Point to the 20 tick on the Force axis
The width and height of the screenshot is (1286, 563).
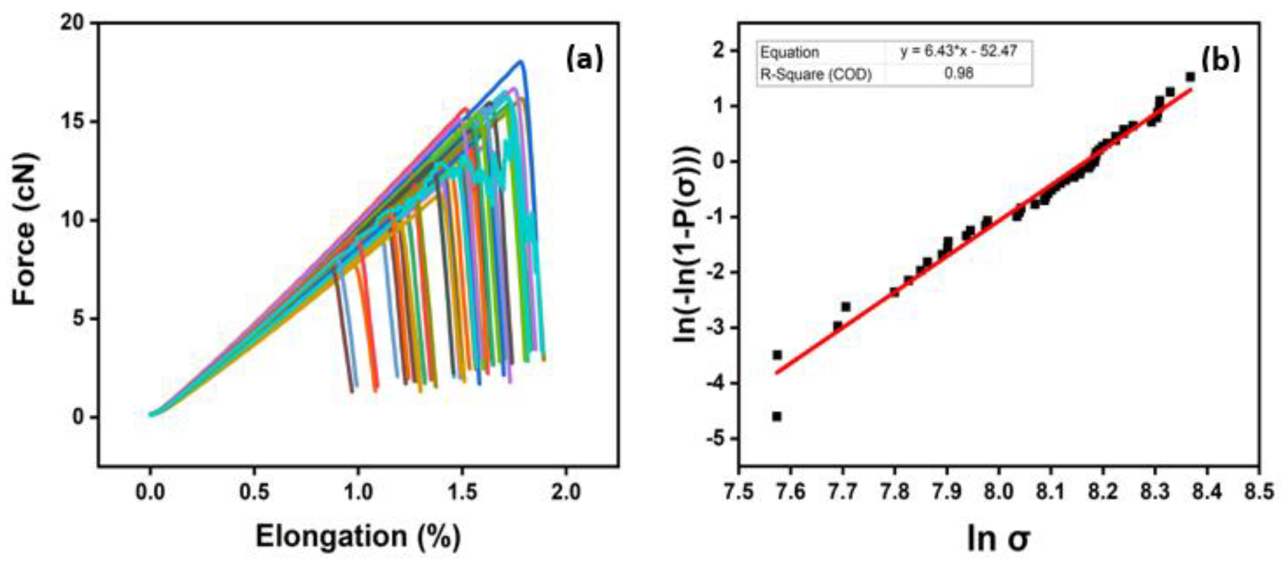tap(73, 23)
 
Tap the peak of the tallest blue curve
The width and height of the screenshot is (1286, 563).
tap(521, 62)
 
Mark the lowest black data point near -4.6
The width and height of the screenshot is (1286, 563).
tap(777, 416)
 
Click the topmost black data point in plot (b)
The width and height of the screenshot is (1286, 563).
tap(1190, 77)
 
